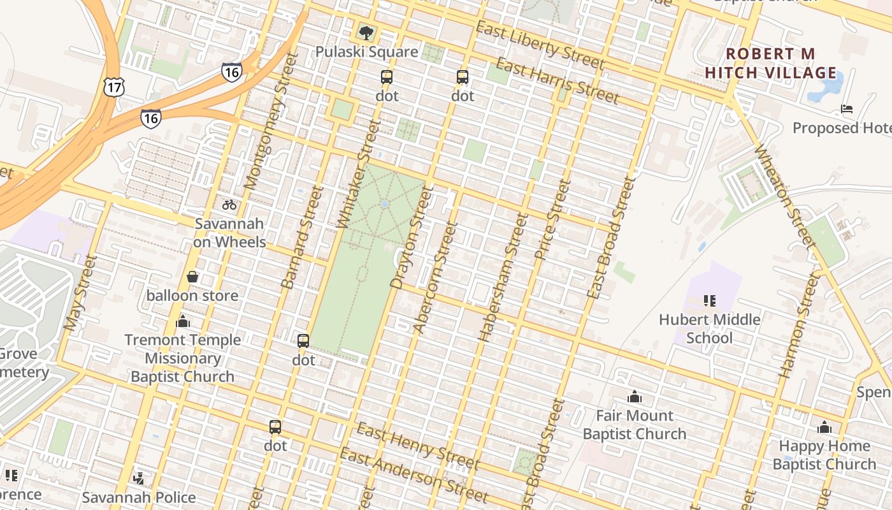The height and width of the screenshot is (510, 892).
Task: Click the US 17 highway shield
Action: tap(114, 87)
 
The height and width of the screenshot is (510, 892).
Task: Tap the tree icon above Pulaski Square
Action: tap(366, 33)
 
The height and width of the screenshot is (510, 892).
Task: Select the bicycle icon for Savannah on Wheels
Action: tap(229, 205)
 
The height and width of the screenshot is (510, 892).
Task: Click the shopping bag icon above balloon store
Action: tap(192, 277)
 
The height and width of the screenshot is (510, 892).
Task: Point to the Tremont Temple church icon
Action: tap(183, 321)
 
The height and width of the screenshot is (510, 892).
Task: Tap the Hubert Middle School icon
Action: tap(709, 300)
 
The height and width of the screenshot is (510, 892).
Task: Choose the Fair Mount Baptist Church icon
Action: tap(635, 397)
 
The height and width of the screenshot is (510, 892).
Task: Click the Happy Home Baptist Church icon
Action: tap(824, 427)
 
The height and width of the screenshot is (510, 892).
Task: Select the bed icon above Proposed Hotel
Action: tap(847, 109)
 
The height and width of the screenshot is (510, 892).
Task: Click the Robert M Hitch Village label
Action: tap(771, 63)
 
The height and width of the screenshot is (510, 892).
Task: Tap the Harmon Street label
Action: tap(798, 325)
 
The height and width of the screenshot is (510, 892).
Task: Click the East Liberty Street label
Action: tap(540, 45)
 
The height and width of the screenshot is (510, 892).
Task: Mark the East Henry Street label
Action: tap(417, 445)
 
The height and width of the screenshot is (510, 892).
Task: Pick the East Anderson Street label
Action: tap(414, 476)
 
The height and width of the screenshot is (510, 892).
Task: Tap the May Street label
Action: tap(80, 293)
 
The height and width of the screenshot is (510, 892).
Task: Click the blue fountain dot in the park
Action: tap(384, 204)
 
